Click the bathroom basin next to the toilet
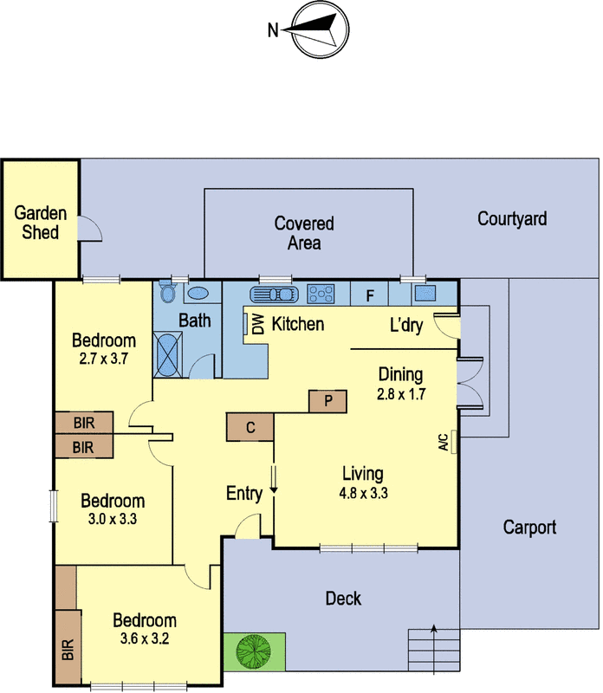pos(198,294)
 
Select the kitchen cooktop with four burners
pos(321,295)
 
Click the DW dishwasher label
pos(257,324)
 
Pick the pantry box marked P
pos(327,401)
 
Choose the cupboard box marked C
pos(250,427)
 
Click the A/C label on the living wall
pos(444,444)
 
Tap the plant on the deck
pos(254,651)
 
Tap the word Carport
pos(528,527)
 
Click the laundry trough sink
pos(425,293)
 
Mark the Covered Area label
pos(304,233)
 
